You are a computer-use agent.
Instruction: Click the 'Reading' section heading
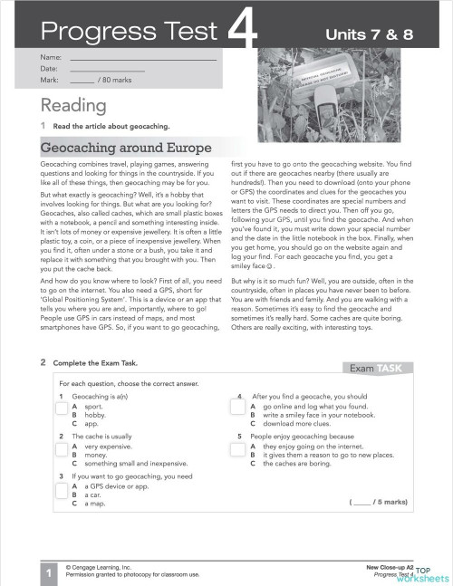click(x=73, y=106)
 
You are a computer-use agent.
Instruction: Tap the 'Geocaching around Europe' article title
click(x=126, y=147)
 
